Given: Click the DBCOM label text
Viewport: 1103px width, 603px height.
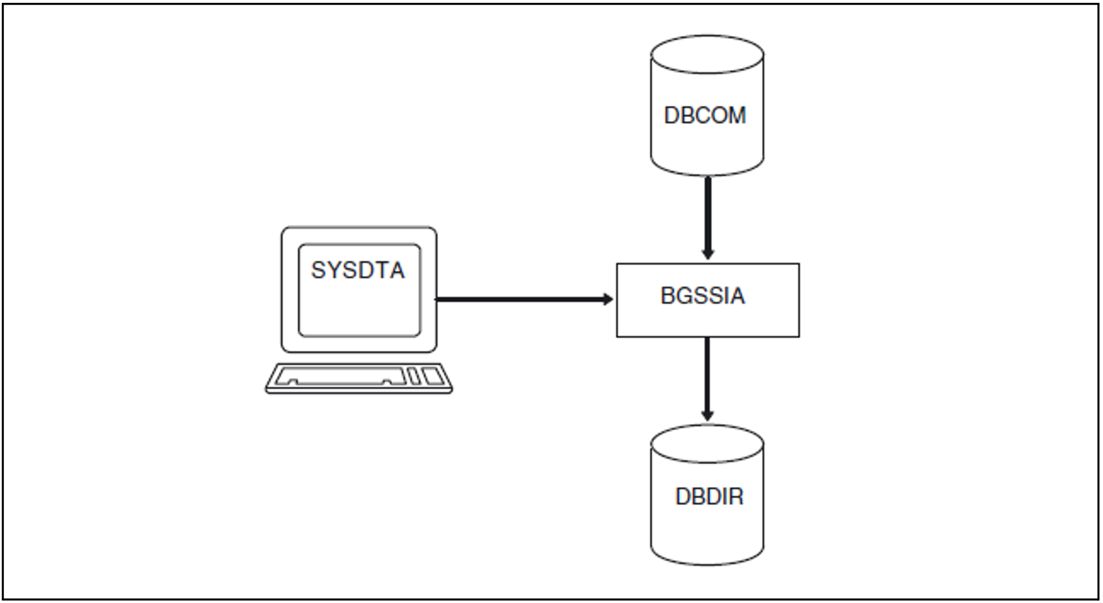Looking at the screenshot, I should click(x=704, y=116).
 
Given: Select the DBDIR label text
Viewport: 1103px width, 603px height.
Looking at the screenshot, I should click(x=709, y=497).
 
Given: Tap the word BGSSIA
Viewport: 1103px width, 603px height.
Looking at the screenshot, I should click(x=702, y=296).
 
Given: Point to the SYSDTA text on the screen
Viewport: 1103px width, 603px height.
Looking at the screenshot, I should click(x=358, y=271).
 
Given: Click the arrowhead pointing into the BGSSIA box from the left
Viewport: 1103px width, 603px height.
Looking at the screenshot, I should click(x=608, y=299).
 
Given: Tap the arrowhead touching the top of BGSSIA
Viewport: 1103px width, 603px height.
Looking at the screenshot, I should click(x=708, y=253).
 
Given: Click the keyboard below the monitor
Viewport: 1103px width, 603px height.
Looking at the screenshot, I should click(x=358, y=378).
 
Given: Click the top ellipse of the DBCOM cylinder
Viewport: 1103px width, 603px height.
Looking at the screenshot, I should click(x=707, y=54).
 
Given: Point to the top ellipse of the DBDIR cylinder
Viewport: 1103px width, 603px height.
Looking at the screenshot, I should click(x=707, y=443).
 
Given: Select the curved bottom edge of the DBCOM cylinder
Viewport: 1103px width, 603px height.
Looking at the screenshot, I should click(x=707, y=174).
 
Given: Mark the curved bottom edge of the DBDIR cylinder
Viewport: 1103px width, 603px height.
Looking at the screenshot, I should click(x=707, y=563).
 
